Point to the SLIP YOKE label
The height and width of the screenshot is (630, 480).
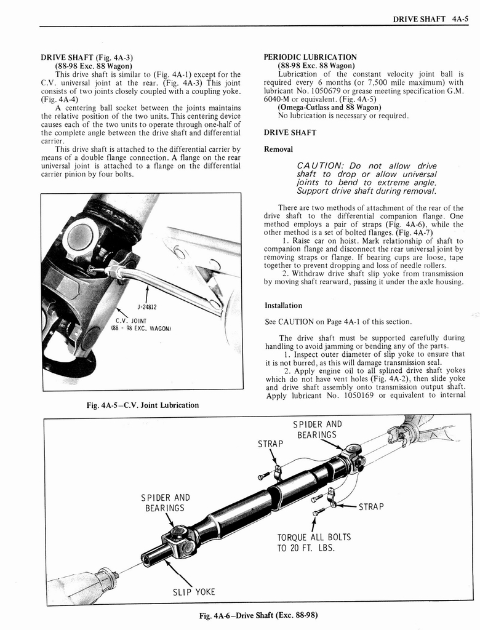click(194, 592)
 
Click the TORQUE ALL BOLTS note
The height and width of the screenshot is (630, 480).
click(314, 542)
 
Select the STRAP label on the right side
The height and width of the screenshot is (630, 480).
click(370, 508)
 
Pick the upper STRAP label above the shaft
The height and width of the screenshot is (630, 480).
click(271, 444)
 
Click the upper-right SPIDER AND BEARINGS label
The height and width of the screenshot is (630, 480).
click(317, 429)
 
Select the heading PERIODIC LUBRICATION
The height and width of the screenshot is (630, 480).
click(310, 57)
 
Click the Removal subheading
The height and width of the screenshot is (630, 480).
click(279, 150)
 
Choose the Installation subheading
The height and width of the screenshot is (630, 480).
click(283, 306)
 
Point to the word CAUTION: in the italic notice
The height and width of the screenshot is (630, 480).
click(320, 166)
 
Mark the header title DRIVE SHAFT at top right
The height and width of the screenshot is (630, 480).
click(419, 19)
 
